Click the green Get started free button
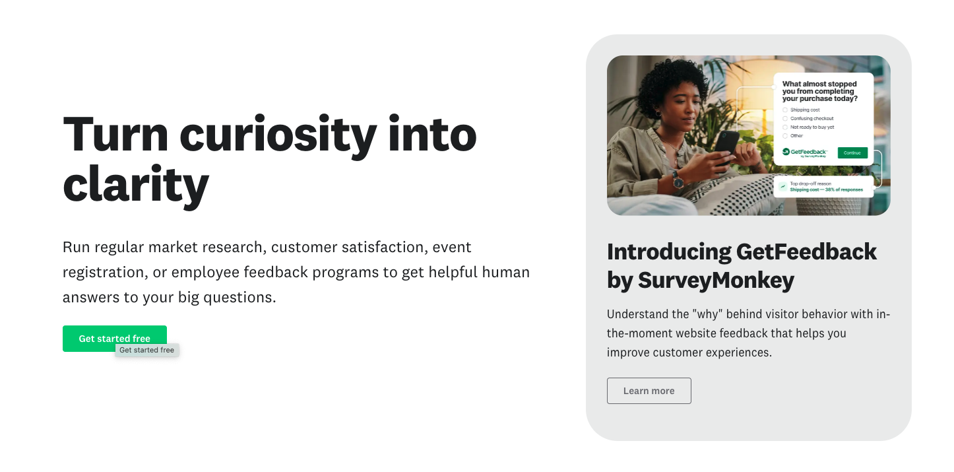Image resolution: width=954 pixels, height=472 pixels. point(115,338)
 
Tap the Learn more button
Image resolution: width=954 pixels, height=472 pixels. point(649,391)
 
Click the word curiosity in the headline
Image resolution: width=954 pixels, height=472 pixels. point(278,136)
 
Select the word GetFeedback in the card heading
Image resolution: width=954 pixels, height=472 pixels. point(806,252)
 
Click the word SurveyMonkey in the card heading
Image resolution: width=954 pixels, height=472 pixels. point(716,281)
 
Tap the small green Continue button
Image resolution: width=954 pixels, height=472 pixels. point(852,152)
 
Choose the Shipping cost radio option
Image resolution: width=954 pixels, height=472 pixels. point(785,110)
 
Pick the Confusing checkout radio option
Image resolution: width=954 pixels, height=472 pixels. point(785,118)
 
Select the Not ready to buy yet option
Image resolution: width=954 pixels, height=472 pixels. point(785,127)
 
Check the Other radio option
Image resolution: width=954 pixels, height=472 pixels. point(785,136)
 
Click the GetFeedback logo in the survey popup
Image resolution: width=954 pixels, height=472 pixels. point(804,152)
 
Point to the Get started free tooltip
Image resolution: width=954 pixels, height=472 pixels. point(147,350)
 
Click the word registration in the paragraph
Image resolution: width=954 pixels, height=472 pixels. point(105,272)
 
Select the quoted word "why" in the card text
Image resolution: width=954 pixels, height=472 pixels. point(707,314)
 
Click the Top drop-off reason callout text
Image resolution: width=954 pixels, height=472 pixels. point(826,187)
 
